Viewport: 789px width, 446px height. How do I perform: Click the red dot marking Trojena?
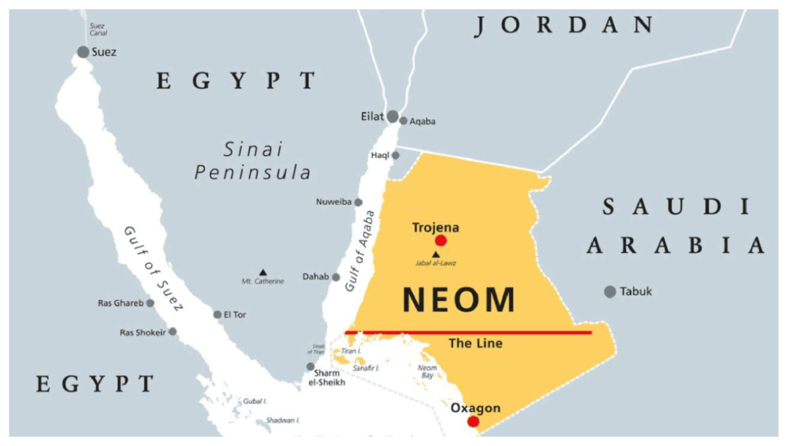441,241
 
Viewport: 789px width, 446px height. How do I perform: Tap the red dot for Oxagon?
473,421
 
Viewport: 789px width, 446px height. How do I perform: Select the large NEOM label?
458,299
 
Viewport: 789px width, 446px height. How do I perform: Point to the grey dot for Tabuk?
610,292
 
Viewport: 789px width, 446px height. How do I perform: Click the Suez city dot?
83,52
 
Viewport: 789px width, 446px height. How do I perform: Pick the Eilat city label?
372,117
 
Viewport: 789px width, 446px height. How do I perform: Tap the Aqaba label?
423,121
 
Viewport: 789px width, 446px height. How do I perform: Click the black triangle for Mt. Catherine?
263,272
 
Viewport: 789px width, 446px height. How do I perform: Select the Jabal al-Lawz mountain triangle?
436,254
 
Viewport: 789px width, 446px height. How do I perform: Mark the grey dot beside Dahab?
336,277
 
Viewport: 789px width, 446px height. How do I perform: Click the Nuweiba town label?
334,202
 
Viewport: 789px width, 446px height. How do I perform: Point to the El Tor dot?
217,314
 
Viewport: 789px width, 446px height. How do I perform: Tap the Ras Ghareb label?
120,303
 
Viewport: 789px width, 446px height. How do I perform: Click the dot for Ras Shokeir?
173,332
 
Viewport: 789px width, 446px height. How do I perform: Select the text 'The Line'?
475,343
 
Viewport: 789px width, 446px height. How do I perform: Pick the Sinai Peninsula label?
253,160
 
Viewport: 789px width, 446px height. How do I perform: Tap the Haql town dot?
395,155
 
